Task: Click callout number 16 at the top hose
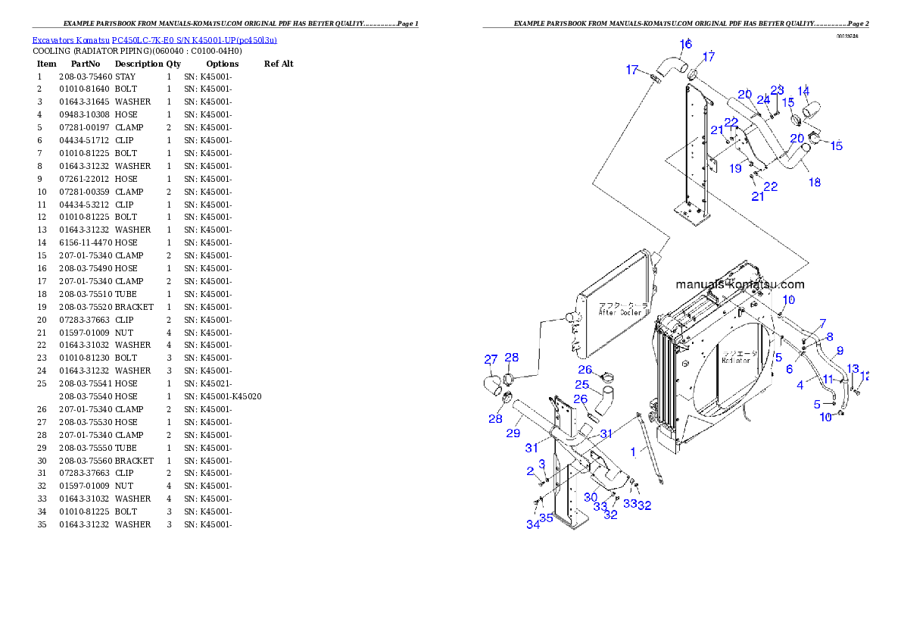pyautogui.click(x=684, y=44)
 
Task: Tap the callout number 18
pyautogui.click(x=814, y=183)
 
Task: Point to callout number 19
pyautogui.click(x=735, y=169)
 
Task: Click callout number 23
pyautogui.click(x=777, y=89)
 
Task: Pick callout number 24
pyautogui.click(x=763, y=99)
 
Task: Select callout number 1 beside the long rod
pyautogui.click(x=633, y=452)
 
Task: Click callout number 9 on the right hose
pyautogui.click(x=839, y=351)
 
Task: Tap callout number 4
pyautogui.click(x=800, y=385)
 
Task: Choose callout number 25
pyautogui.click(x=581, y=385)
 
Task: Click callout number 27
pyautogui.click(x=491, y=359)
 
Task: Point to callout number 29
pyautogui.click(x=513, y=433)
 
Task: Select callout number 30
pyautogui.click(x=591, y=497)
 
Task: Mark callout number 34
pyautogui.click(x=533, y=524)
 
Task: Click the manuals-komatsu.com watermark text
pyautogui.click(x=740, y=285)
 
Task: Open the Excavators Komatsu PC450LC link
pyautogui.click(x=154, y=39)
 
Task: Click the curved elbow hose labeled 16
pyautogui.click(x=669, y=64)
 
